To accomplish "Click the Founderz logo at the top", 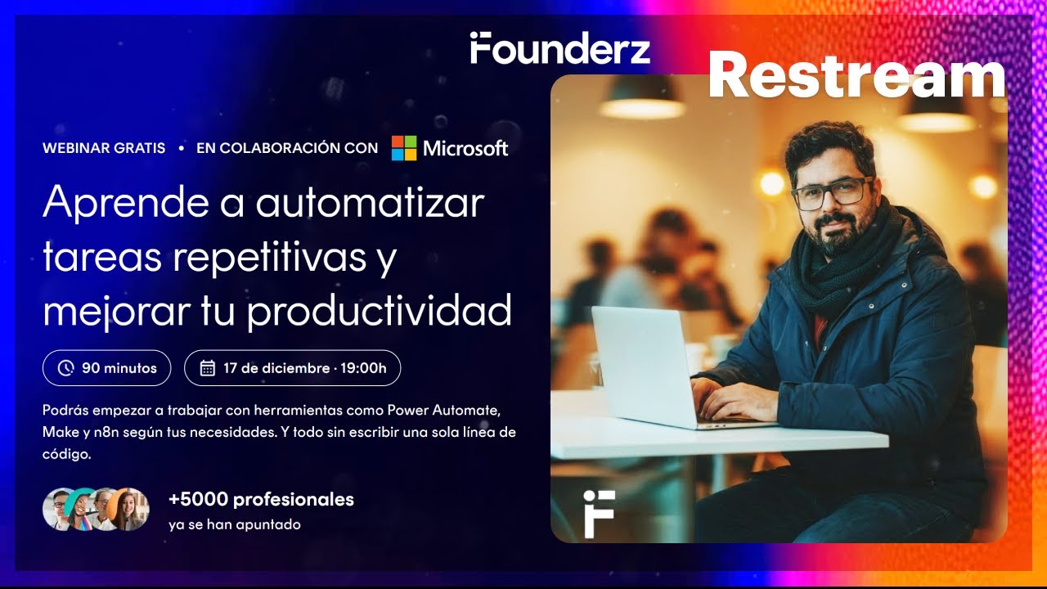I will click(x=560, y=48).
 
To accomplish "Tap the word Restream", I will click(x=856, y=76).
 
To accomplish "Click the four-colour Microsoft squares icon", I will click(x=404, y=148).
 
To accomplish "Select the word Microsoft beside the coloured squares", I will click(x=465, y=148).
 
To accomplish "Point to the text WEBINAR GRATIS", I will click(x=104, y=148).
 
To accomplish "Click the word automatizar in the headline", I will click(x=370, y=203).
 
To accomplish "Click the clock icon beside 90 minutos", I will click(x=66, y=368).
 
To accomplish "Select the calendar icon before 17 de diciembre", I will click(x=208, y=368).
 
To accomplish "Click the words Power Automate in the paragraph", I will click(x=449, y=408).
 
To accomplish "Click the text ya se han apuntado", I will click(x=235, y=524).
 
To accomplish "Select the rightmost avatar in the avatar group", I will click(x=129, y=509).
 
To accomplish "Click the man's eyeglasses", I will click(x=830, y=192).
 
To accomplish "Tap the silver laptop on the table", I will click(x=646, y=364).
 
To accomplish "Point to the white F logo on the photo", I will click(x=599, y=514).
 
